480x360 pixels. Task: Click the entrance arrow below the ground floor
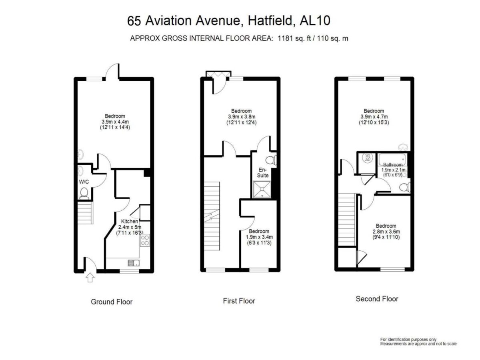[x=90, y=278]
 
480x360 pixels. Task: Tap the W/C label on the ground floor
[x=84, y=182]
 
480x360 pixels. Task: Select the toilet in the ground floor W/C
[x=84, y=194]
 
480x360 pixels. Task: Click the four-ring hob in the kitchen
[x=145, y=240]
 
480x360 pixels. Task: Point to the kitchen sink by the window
[x=134, y=263]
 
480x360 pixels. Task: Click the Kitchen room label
[x=130, y=221]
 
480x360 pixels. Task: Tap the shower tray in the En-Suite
[x=262, y=189]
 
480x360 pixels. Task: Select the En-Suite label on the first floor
[x=263, y=172]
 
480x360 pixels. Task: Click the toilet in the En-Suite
[x=271, y=160]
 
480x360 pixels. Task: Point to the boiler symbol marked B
[x=367, y=158]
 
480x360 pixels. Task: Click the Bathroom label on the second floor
[x=393, y=164]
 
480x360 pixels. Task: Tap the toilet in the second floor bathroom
[x=405, y=187]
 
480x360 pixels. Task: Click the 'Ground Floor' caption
[x=112, y=302]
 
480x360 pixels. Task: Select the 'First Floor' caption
[x=239, y=301]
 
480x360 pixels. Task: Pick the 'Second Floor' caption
[x=377, y=298]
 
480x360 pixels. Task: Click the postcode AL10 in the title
[x=315, y=21]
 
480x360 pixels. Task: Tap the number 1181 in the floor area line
[x=285, y=38]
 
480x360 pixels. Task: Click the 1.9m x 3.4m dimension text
[x=259, y=237]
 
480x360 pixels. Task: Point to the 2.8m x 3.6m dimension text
[x=386, y=232]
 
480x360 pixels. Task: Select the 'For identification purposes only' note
[x=408, y=339]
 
